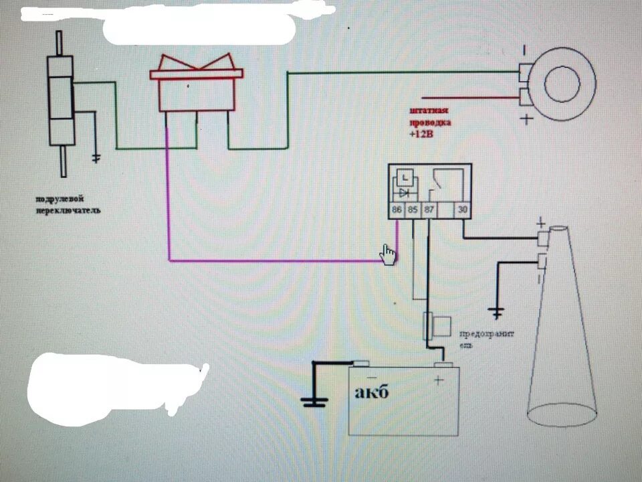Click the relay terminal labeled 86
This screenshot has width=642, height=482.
tap(397, 211)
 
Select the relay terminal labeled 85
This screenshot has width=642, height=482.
tap(413, 211)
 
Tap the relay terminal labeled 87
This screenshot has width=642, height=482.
tap(429, 211)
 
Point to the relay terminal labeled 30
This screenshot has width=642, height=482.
tap(462, 211)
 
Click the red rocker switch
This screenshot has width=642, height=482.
tap(197, 83)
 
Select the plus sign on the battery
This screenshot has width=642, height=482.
tap(439, 381)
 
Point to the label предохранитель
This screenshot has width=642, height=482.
tap(485, 339)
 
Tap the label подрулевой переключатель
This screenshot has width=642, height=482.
tap(69, 205)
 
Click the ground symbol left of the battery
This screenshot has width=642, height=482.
tap(314, 401)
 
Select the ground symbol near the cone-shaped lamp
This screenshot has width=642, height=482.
tap(496, 311)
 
